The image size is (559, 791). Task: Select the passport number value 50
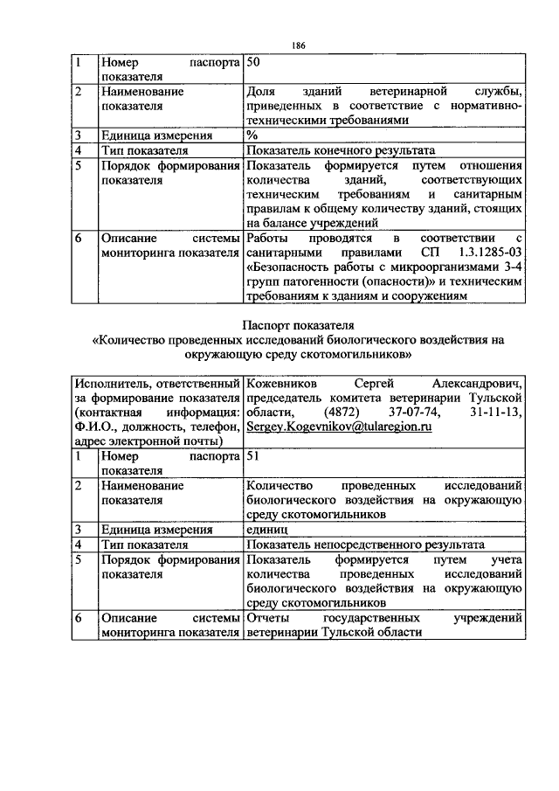point(254,63)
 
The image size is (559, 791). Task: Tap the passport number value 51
point(254,455)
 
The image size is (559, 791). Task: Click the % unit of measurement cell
point(252,135)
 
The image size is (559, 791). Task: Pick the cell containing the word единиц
point(268,529)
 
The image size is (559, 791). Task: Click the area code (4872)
point(342,412)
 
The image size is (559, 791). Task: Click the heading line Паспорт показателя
point(298,325)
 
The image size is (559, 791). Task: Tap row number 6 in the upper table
point(79,238)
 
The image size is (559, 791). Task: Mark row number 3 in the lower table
point(79,529)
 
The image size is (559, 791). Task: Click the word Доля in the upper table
point(261,90)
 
